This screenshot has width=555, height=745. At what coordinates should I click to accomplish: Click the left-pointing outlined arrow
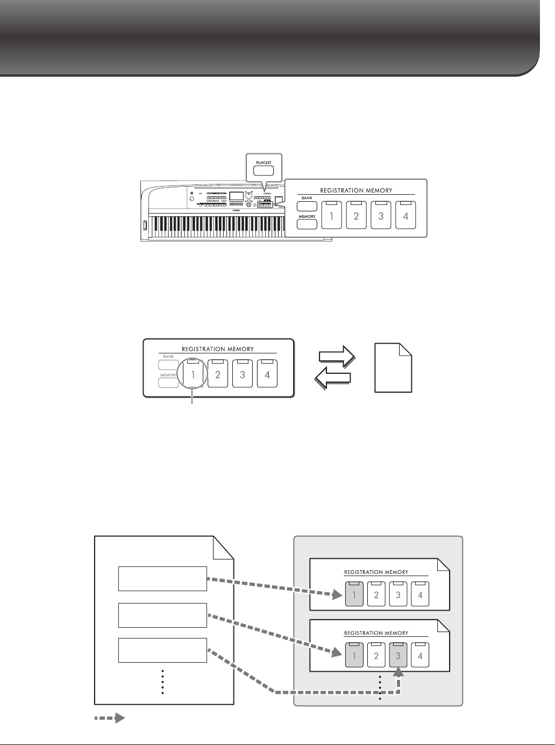332,377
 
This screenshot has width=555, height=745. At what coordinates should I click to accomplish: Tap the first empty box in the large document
162,578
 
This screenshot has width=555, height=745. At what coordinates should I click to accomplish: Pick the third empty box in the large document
162,650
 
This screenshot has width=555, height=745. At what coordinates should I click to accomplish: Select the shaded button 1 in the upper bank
354,594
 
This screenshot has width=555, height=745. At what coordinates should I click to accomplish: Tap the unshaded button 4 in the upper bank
420,594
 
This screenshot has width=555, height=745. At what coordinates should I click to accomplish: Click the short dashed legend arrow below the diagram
110,718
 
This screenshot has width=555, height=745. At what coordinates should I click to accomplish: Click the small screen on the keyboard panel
236,197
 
